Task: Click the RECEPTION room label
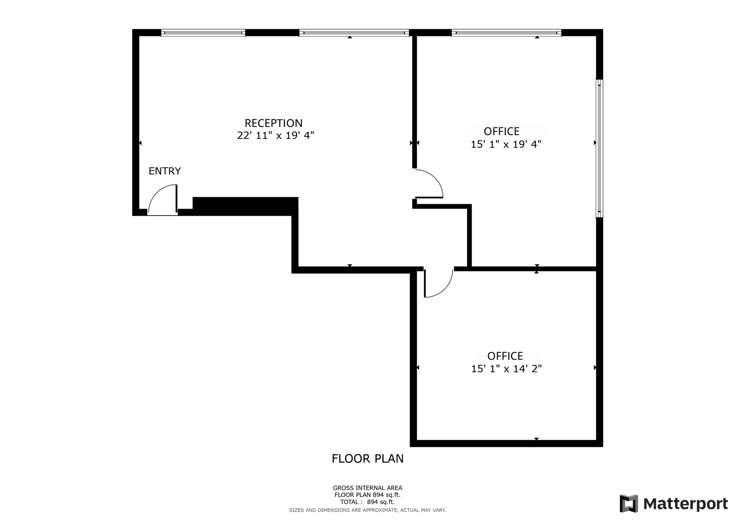(273, 123)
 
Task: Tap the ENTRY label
(165, 171)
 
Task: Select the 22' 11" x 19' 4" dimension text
(276, 136)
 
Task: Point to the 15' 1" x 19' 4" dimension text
(506, 144)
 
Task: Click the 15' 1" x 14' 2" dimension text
(506, 369)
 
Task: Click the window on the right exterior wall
(599, 148)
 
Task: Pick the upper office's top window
(506, 33)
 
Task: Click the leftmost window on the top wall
(203, 33)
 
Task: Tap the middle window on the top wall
(354, 33)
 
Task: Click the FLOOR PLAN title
(368, 459)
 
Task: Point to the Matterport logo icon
(629, 503)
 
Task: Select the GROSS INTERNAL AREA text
(368, 488)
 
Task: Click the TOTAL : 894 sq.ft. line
(368, 502)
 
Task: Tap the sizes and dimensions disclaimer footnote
(368, 510)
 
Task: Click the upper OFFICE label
(502, 131)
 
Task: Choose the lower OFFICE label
(505, 356)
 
